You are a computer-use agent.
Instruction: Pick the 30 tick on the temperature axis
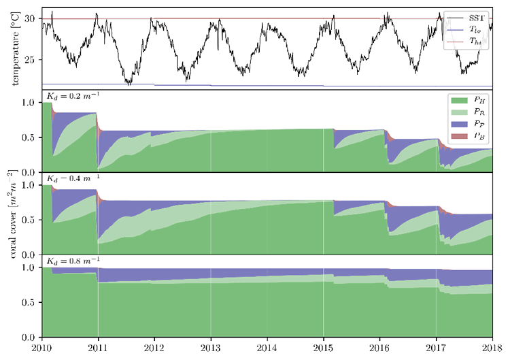(30, 19)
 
